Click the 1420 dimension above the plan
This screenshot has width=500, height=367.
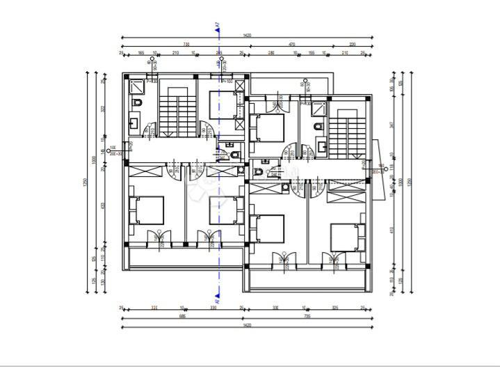(248, 35)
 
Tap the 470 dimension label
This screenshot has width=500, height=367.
(292, 44)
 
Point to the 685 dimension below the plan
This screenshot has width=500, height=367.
(182, 316)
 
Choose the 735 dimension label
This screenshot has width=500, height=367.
(307, 316)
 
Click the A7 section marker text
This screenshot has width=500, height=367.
(218, 26)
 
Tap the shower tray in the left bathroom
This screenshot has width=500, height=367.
(136, 86)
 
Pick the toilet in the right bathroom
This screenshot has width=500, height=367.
(318, 127)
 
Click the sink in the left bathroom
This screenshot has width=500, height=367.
(134, 126)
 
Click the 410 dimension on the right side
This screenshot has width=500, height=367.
(392, 229)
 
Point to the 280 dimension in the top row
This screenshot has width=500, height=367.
(271, 53)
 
